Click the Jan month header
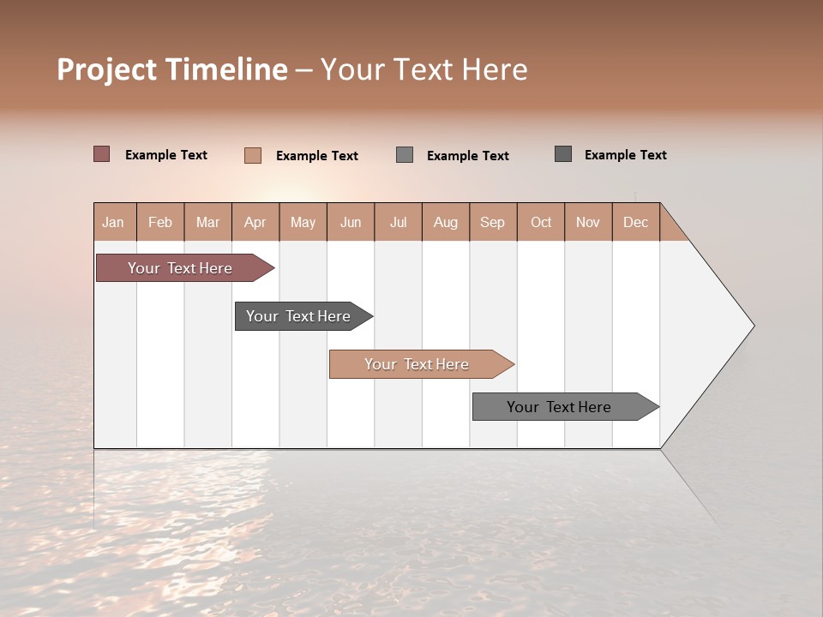point(114,222)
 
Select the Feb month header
point(160,222)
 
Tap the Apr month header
point(255,222)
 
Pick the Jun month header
point(351,222)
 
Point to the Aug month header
point(446,222)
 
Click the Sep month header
point(493,222)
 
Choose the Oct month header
point(541,222)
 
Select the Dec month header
point(636,222)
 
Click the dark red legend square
point(102,154)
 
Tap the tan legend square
point(253,155)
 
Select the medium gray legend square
point(405,155)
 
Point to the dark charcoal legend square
point(563,154)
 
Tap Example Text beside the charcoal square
point(625,155)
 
